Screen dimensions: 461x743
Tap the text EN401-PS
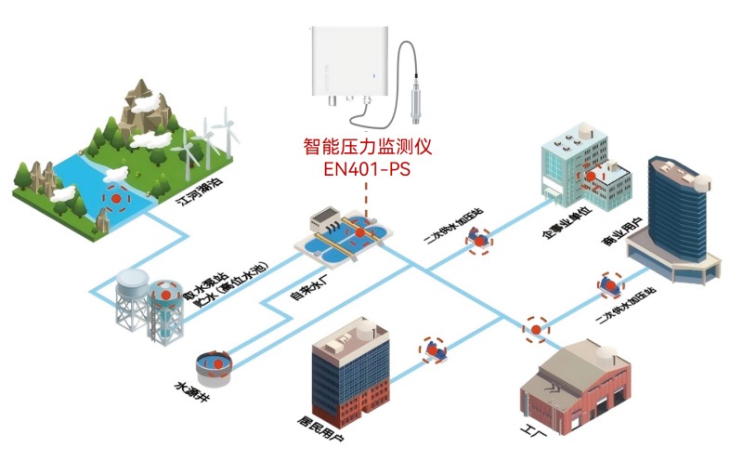(366, 170)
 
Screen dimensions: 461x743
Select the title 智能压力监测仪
(368, 147)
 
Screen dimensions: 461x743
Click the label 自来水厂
(310, 284)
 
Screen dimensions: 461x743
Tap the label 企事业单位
(565, 227)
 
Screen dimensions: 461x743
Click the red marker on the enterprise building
(591, 175)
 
